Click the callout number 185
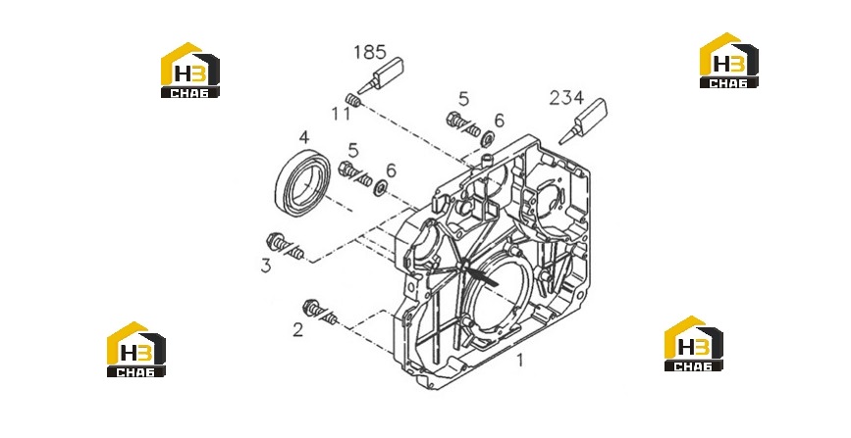[x=370, y=52]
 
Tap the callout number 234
[x=566, y=98]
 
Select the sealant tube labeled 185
[x=381, y=74]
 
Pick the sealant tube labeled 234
[x=583, y=121]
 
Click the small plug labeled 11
[x=353, y=100]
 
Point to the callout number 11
[x=341, y=114]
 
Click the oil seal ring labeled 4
[x=303, y=180]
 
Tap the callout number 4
[x=304, y=137]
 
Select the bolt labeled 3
[x=285, y=246]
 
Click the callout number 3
[x=266, y=267]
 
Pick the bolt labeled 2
[x=320, y=312]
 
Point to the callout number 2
[x=298, y=329]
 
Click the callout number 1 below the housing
[x=520, y=360]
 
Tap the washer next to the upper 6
[x=488, y=139]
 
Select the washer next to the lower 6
[x=380, y=187]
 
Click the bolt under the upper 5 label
[x=463, y=123]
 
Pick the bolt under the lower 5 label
[x=355, y=173]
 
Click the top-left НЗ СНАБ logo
[x=190, y=70]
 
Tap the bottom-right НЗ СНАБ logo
[x=694, y=344]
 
